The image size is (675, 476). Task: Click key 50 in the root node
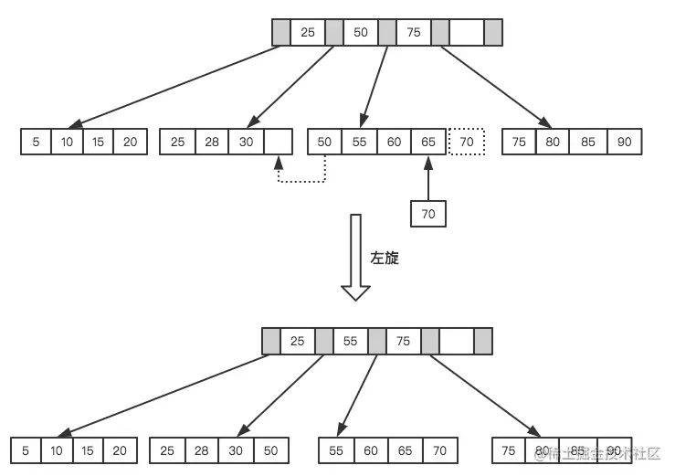coord(361,33)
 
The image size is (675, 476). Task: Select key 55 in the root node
coord(350,342)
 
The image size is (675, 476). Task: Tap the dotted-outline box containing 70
coord(466,143)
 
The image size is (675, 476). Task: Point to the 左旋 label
coord(385,259)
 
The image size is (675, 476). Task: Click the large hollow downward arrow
coord(355,259)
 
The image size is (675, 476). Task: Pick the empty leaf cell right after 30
coord(278,143)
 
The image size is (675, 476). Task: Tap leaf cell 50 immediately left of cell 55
coord(324,143)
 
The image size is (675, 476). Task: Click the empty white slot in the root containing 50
coord(466,33)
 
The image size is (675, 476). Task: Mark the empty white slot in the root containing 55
coord(456,342)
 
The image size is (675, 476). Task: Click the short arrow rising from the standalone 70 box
coord(427,178)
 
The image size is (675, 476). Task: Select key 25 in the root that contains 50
coord(308,33)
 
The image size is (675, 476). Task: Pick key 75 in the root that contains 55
coord(403,342)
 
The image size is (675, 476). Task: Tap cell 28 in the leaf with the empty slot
coord(211,143)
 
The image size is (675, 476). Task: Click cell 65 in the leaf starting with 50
coord(428,143)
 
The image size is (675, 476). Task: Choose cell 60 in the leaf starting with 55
coord(370,450)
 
